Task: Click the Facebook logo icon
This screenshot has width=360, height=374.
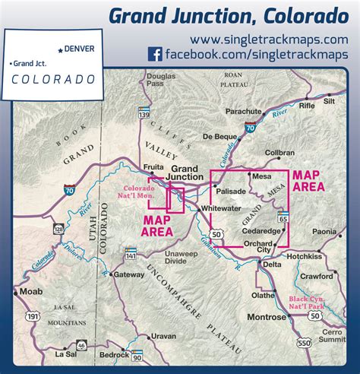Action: point(155,54)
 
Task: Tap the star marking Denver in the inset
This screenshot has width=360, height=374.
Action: point(60,49)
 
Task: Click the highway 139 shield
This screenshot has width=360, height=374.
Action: point(143,112)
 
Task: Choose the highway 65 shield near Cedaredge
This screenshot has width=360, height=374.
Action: point(283,219)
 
